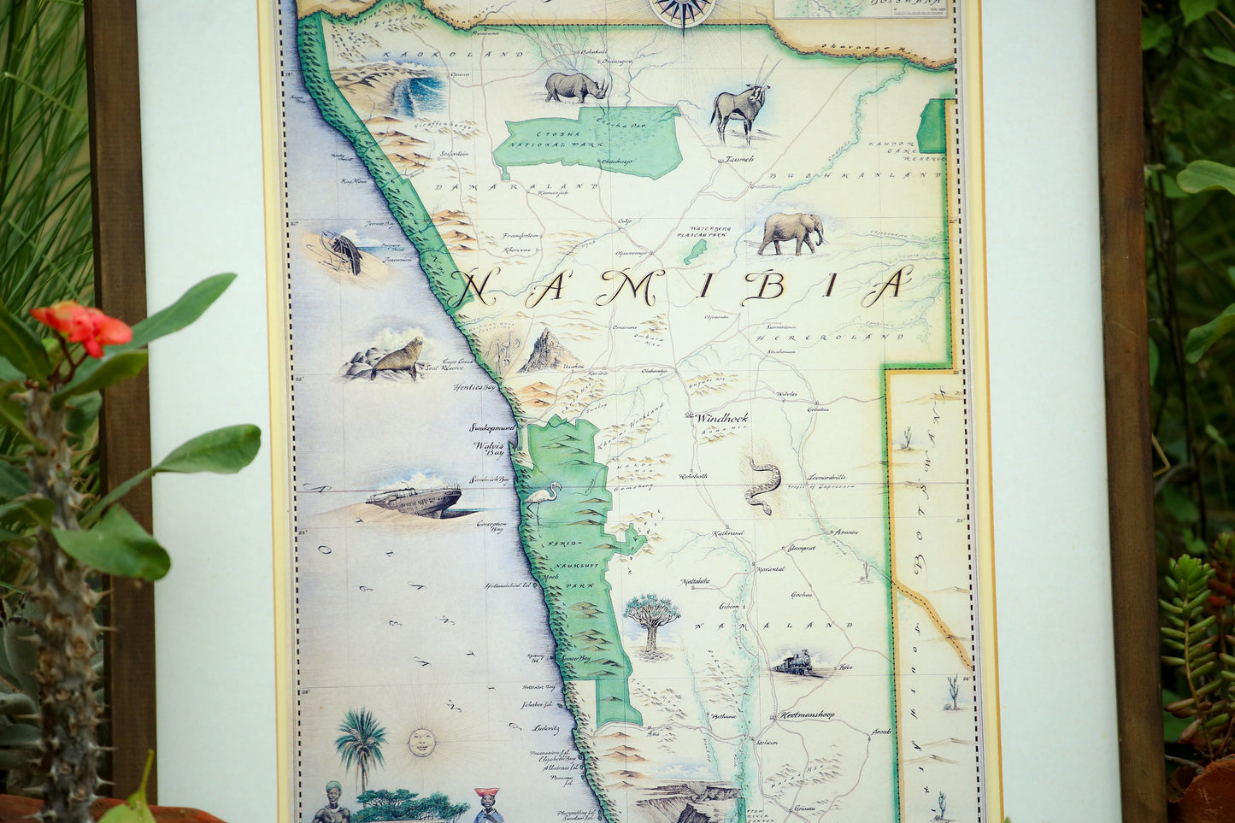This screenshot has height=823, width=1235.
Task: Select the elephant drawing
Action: (791, 232)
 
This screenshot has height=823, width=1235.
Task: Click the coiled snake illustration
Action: (763, 485)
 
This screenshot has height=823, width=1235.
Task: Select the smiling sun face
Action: (420, 742)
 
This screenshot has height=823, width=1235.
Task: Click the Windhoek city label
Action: (721, 419)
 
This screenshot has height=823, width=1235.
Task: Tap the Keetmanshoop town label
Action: (806, 714)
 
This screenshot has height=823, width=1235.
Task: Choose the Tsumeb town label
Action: (739, 159)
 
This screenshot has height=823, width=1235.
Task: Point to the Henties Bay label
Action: (476, 387)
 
